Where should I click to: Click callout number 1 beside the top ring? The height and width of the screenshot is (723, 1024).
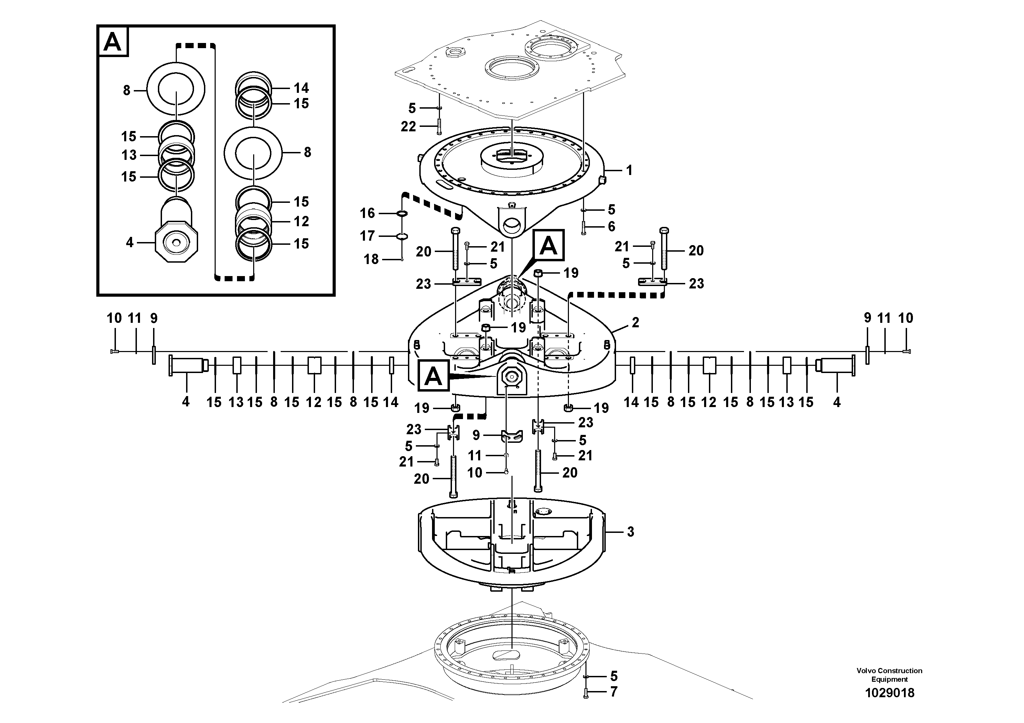(x=629, y=170)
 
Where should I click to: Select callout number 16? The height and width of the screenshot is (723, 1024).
(x=367, y=213)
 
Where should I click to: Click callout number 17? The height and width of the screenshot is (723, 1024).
(x=367, y=236)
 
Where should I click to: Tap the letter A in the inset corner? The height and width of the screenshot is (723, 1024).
(x=112, y=42)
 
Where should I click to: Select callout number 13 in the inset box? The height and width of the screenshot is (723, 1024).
(x=129, y=155)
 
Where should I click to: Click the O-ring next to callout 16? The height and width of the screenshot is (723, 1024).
(x=401, y=213)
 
